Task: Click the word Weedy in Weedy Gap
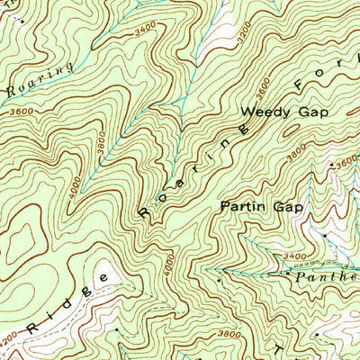261,112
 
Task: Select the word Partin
243,206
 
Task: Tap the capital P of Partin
225,206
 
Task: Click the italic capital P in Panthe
301,278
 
